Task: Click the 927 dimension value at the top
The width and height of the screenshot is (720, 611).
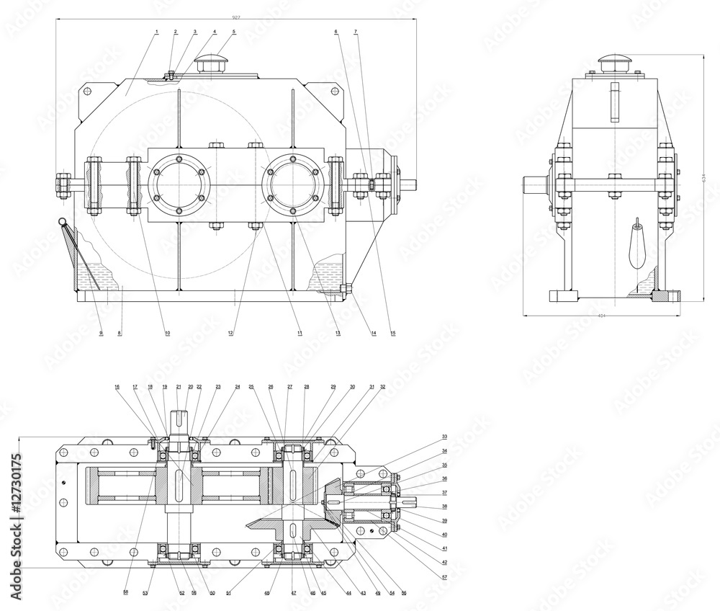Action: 236,16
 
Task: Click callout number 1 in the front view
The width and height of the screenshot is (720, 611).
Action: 156,32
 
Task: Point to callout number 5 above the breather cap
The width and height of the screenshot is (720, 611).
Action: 234,32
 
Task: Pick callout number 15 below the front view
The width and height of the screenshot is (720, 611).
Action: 392,333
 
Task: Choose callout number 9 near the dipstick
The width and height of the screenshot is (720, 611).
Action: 101,333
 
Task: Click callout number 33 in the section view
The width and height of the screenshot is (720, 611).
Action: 444,436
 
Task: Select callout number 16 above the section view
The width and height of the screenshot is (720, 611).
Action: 117,387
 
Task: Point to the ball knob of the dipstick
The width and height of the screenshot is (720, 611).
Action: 63,223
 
